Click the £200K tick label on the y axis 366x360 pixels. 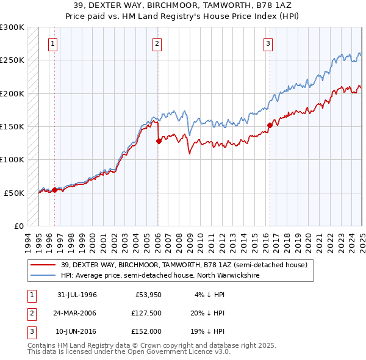12,93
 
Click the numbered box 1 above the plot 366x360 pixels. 54,43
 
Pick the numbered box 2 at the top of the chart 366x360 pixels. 157,43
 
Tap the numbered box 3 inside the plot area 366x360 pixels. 268,43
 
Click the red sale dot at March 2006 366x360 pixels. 159,141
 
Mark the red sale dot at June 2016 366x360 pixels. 269,125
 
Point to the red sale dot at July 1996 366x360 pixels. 54,190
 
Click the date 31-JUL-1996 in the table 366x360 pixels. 77,295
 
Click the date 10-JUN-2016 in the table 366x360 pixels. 77,331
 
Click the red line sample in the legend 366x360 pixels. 43,265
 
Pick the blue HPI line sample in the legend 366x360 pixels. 43,275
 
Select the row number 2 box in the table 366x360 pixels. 29,313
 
